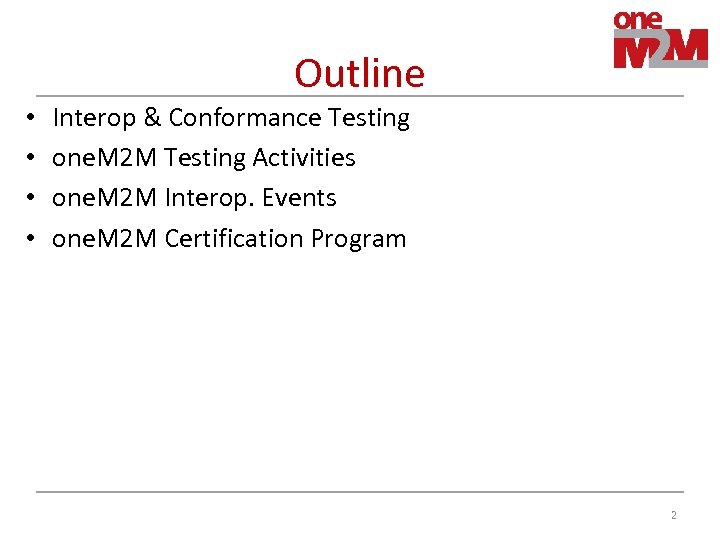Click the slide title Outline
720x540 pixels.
(x=359, y=73)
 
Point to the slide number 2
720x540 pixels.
(x=673, y=515)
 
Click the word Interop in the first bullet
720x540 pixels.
(x=94, y=119)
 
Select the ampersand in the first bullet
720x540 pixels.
(x=152, y=118)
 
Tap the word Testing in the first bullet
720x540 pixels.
(x=368, y=119)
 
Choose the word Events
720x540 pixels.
(x=299, y=198)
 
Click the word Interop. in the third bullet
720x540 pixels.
(x=210, y=199)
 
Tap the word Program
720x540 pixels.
(x=358, y=240)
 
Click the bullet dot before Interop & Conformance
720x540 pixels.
(x=32, y=119)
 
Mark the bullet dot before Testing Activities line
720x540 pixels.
(x=32, y=159)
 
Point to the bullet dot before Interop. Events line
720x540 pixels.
(x=32, y=199)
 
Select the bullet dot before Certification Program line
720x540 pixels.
(x=32, y=240)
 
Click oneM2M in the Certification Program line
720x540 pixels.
(x=104, y=239)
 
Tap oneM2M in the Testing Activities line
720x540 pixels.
(x=104, y=158)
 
